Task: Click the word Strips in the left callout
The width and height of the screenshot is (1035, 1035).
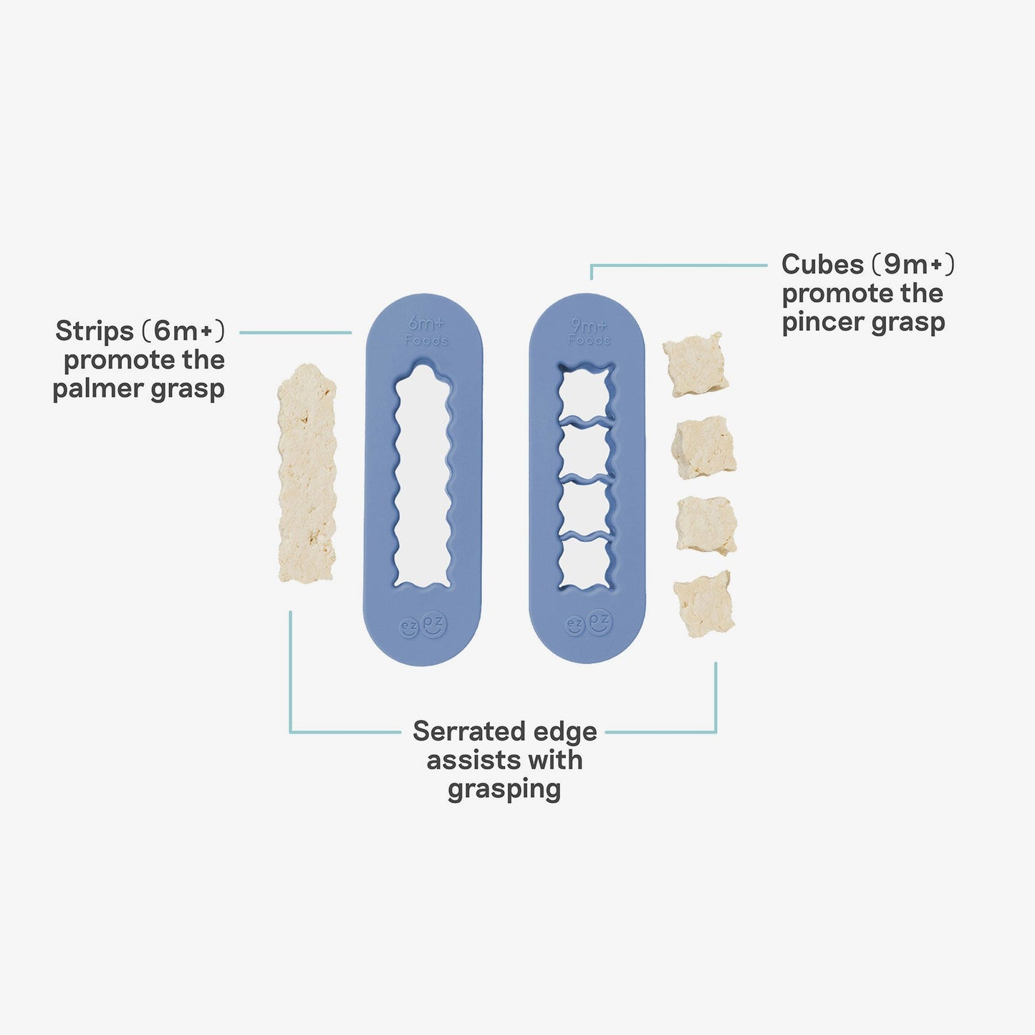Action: (95, 331)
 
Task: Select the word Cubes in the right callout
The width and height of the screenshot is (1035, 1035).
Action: (822, 264)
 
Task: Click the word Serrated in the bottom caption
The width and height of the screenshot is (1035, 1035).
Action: (463, 731)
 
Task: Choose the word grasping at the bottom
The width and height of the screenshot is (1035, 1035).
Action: (504, 789)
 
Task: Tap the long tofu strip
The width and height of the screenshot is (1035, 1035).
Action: (307, 473)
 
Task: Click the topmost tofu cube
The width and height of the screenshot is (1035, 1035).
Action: (695, 365)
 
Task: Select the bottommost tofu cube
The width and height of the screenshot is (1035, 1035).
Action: (705, 603)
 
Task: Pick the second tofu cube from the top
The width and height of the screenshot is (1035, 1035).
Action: (704, 448)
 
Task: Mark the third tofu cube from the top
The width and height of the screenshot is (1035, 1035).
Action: (707, 525)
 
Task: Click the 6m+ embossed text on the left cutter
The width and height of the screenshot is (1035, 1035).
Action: (426, 324)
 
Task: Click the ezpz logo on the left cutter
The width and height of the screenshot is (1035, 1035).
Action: (423, 625)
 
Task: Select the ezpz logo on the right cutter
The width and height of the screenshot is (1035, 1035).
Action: (589, 623)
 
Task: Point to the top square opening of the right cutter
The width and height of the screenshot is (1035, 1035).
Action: (586, 395)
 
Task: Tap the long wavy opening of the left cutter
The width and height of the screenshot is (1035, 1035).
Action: (423, 476)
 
